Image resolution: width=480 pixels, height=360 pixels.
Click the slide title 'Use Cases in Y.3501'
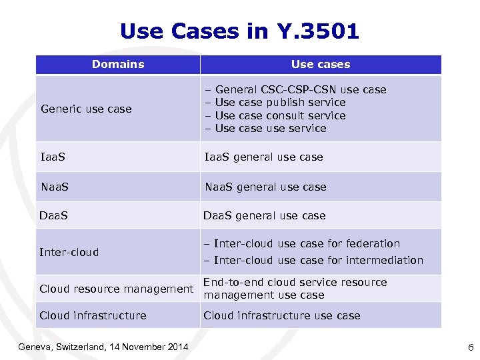click(239, 31)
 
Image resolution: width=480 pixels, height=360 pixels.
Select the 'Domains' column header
click(118, 65)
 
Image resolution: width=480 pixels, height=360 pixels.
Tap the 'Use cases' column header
click(320, 65)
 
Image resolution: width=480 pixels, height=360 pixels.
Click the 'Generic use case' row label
click(86, 109)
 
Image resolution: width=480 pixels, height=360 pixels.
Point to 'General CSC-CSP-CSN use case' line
click(301, 89)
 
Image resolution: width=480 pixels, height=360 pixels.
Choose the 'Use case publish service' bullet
click(280, 102)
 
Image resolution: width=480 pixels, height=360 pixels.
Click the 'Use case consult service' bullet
click(280, 115)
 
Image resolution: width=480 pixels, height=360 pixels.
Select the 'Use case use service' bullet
click(271, 128)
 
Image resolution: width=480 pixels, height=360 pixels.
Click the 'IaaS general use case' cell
click(263, 157)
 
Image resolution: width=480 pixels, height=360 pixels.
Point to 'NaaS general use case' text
click(265, 187)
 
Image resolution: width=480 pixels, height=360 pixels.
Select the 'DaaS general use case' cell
click(265, 216)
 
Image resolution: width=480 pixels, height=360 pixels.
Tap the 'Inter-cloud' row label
click(69, 252)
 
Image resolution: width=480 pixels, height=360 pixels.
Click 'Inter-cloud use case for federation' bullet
click(307, 244)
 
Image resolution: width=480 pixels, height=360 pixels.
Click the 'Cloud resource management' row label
click(116, 289)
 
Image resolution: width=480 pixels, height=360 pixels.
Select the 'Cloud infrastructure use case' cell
click(281, 315)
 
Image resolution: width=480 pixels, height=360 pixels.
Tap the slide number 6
click(471, 346)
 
